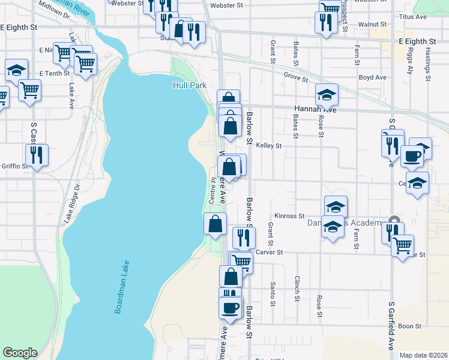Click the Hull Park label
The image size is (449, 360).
click(x=190, y=86)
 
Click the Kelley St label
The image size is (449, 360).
click(x=268, y=146)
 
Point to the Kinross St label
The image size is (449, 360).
click(x=290, y=216)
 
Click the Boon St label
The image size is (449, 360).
click(x=410, y=326)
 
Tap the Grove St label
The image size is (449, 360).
click(x=296, y=77)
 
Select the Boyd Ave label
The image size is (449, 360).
click(x=372, y=77)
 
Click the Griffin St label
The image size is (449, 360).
click(x=14, y=166)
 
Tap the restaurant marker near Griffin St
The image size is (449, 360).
click(x=37, y=155)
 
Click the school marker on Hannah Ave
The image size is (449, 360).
click(x=327, y=94)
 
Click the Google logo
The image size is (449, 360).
click(x=20, y=353)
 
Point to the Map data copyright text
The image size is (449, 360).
click(x=424, y=355)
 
